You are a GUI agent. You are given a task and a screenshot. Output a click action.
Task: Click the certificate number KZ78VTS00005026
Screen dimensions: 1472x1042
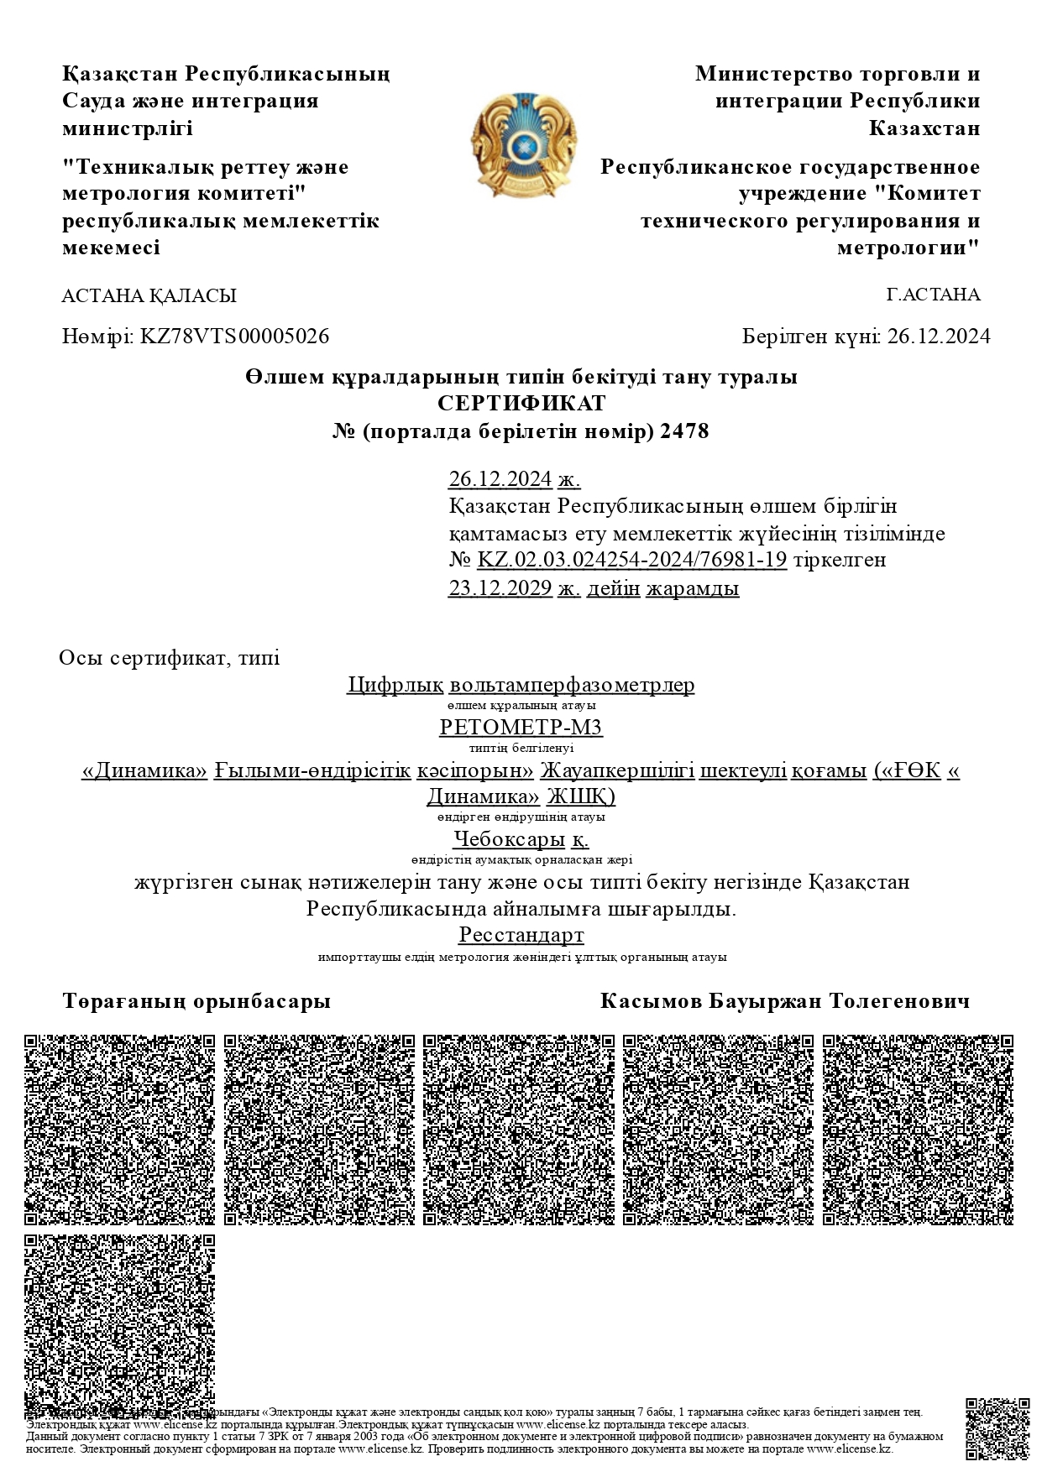pos(234,337)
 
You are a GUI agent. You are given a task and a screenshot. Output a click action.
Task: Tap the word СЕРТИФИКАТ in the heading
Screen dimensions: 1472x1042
pos(521,404)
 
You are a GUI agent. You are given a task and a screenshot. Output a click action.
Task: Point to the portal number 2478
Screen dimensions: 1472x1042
pos(685,431)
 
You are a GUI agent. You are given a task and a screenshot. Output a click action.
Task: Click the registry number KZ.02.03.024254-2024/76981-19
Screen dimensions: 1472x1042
pos(631,560)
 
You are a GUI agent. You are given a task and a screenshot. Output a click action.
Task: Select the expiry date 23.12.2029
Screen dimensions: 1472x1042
pos(500,588)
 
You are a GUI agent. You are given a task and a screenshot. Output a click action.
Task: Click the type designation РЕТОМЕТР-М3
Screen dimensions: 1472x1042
pos(521,727)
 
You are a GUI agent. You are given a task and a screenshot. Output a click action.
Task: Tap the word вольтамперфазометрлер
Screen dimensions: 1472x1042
pos(572,685)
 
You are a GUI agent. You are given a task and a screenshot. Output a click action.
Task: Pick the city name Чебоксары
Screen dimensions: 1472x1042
pos(509,838)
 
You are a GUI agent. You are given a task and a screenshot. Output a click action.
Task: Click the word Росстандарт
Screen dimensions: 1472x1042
pos(521,935)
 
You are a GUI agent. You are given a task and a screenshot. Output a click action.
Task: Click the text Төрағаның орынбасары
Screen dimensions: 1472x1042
pos(196,1001)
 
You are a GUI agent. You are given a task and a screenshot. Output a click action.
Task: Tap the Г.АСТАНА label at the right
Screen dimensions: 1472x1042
pos(933,295)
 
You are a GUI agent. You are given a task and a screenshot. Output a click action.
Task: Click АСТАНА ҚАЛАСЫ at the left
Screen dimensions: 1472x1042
pos(149,295)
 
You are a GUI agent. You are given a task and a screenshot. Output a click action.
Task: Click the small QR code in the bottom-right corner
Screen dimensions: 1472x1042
pos(997,1429)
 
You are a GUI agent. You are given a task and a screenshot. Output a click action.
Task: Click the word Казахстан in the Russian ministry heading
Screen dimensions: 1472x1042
pos(924,128)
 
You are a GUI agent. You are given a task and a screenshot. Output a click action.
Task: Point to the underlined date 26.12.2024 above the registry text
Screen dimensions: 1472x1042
pos(500,479)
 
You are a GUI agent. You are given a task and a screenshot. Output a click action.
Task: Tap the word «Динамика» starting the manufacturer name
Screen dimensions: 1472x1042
pos(144,770)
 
